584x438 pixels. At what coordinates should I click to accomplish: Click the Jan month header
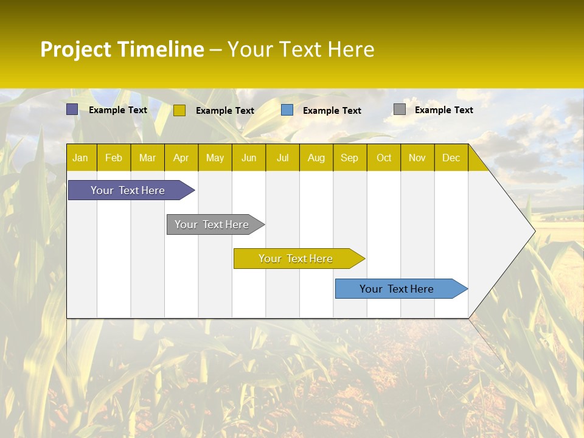80,158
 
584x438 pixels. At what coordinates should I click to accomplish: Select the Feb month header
114,158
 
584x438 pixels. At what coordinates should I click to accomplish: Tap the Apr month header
181,158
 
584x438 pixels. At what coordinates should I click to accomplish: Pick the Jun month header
249,158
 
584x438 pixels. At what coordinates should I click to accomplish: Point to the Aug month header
316,158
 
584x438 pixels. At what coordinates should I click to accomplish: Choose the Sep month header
349,158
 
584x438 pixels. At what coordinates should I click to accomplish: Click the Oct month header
384,158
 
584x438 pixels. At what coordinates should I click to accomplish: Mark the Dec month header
451,158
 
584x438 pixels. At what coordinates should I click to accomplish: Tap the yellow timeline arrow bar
296,259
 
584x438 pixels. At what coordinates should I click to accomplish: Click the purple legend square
72,109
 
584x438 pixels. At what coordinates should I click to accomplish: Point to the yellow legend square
179,110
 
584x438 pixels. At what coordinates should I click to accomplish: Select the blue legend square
287,110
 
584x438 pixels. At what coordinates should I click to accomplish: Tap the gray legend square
400,109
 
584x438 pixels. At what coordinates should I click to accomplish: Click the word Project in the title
76,49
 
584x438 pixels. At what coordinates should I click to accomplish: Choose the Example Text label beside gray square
443,110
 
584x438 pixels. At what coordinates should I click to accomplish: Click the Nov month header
417,158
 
